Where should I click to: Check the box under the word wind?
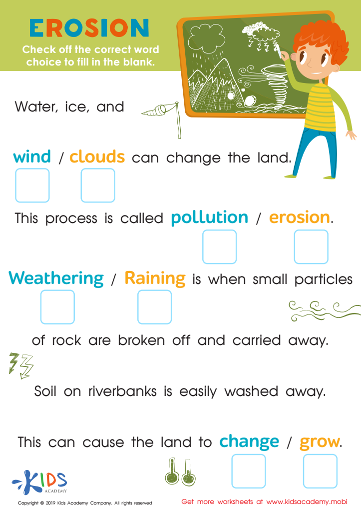coord(32,185)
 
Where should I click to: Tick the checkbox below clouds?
coord(98,185)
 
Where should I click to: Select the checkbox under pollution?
coord(219,247)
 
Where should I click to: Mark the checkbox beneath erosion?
coord(311,247)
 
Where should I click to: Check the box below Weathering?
coord(57,307)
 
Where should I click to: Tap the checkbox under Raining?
coord(154,307)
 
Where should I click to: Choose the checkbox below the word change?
coord(249,471)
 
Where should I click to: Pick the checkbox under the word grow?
coord(320,471)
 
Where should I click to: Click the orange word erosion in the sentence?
coord(300,217)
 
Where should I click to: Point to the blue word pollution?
coord(209,218)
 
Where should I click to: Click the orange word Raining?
coord(155,277)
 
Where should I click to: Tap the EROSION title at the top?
coord(89,28)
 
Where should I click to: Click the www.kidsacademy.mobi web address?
coord(307,501)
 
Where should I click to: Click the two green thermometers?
coord(180,472)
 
